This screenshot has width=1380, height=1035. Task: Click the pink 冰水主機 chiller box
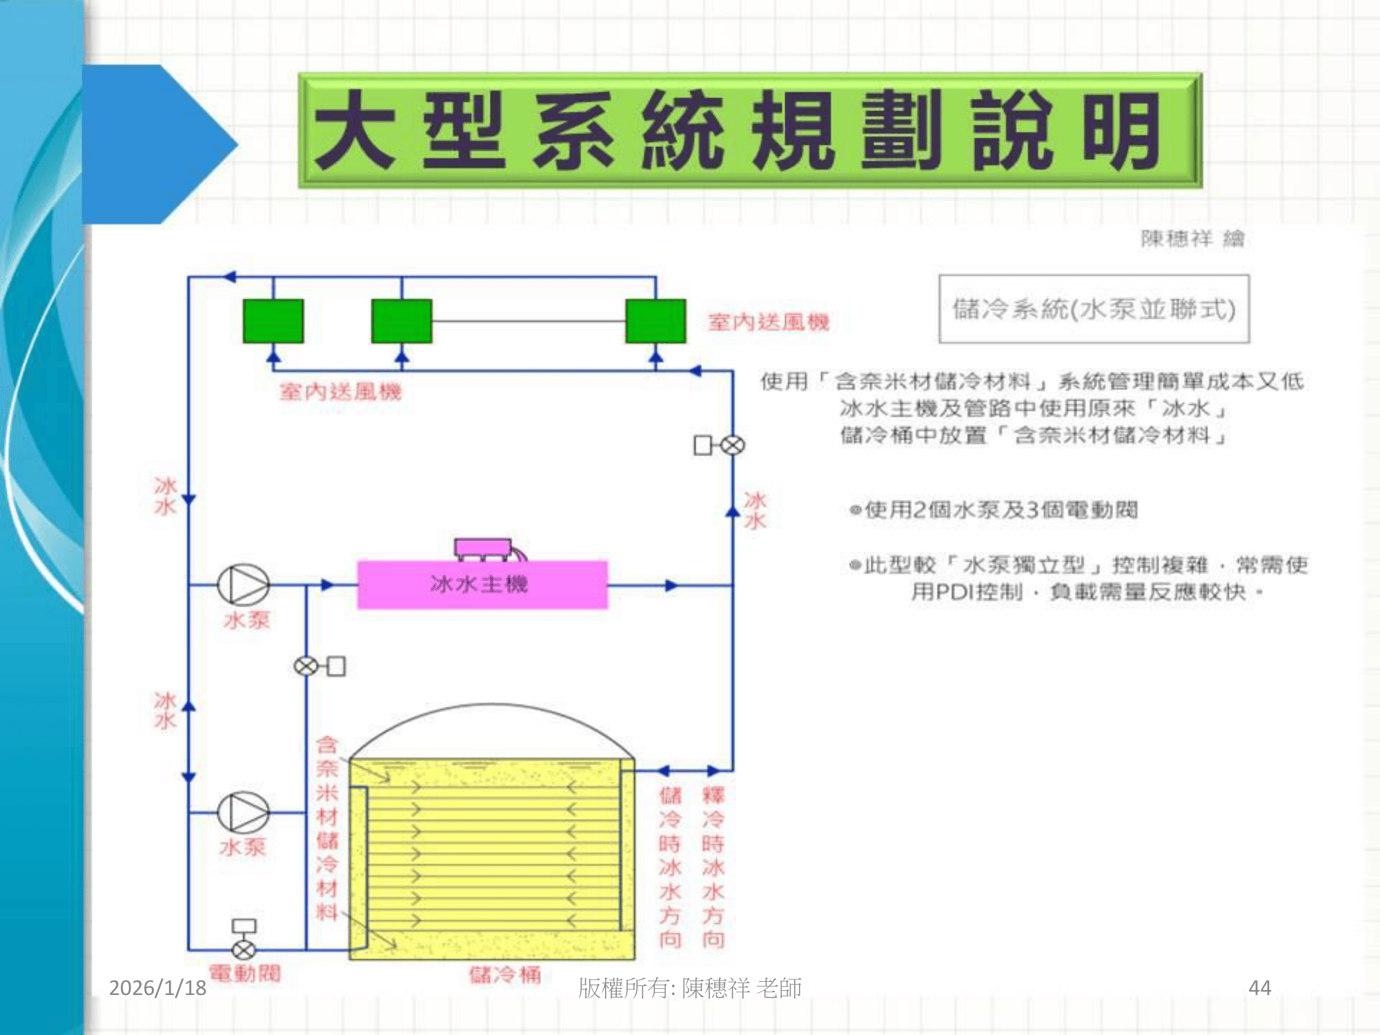pos(482,584)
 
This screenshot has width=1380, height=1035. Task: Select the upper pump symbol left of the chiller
pos(243,584)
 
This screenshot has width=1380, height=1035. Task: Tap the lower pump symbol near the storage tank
pos(243,812)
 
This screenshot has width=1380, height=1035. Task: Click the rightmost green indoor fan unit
pos(655,321)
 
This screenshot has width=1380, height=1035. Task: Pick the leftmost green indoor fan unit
pos(273,321)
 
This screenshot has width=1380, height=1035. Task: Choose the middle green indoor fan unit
pos(402,321)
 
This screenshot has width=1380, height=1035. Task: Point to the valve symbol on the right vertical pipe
pos(732,446)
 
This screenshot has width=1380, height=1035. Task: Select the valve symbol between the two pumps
pos(306,666)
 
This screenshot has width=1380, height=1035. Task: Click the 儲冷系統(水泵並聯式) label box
pos(1094,308)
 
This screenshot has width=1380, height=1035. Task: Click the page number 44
pos(1259,987)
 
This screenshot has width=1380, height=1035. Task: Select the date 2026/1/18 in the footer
pos(157,987)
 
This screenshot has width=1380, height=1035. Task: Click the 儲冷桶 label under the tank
pos(505,974)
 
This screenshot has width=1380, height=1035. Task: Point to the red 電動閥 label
pos(245,974)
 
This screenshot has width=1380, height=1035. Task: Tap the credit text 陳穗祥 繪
pos(1192,239)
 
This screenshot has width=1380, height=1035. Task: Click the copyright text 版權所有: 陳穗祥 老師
pos(689,987)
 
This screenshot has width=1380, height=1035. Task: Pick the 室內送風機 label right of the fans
pos(769,322)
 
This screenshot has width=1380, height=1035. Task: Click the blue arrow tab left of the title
pos(159,144)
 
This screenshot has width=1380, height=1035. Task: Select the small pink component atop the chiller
pos(483,549)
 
